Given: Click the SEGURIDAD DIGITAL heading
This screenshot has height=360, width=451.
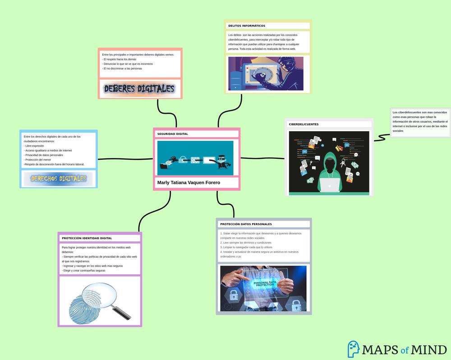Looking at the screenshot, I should click(173, 134).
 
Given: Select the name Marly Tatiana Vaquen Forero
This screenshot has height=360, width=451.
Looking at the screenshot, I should click(189, 183).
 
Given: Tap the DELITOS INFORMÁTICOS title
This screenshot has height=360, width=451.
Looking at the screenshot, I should click(247, 26).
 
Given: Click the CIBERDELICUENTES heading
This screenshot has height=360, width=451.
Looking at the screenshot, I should click(304, 124).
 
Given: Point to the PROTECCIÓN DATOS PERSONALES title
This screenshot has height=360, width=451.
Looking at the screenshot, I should click(246, 224).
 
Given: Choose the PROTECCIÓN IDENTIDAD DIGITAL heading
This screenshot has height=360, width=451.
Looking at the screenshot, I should click(87, 238).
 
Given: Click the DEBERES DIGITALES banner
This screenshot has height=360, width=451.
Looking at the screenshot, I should click(139, 89).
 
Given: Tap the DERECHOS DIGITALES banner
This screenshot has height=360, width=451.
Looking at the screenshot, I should click(59, 179).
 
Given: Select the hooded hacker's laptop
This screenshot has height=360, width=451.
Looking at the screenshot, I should click(329, 185).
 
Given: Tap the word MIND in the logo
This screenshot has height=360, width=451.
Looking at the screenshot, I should click(429, 350).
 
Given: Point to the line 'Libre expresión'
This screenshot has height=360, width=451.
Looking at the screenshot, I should click(35, 146).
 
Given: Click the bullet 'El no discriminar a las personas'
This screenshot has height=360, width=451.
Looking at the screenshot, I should click(122, 69).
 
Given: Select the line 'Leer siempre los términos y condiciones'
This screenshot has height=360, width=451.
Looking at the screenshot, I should click(246, 243).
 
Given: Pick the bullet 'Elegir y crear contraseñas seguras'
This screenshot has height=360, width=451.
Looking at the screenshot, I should click(84, 271).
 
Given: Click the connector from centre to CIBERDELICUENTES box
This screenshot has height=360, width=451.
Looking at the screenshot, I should click(262, 158).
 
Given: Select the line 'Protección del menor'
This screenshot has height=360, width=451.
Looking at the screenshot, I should click(38, 160).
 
